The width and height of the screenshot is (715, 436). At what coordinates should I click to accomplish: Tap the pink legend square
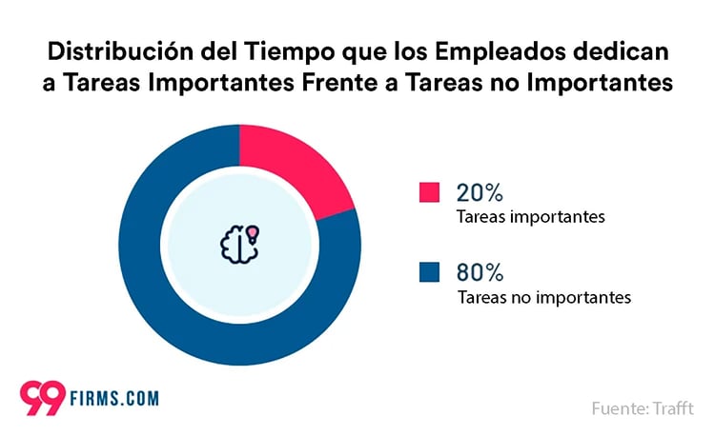[429, 191]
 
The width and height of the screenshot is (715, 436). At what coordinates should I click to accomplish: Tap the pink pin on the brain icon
[252, 232]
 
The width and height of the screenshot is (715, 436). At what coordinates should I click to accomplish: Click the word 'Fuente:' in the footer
[621, 408]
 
